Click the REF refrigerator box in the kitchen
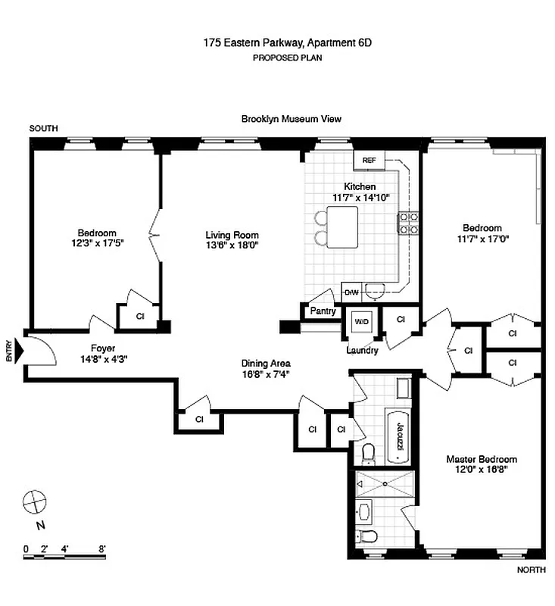[x=369, y=161]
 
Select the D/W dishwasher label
[x=351, y=292]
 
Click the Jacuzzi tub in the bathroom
[x=398, y=436]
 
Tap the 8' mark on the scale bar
[x=101, y=548]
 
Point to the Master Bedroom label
[x=481, y=459]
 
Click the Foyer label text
[x=103, y=348]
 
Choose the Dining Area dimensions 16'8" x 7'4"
[x=266, y=373]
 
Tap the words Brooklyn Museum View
[x=292, y=119]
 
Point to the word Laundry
[x=362, y=351]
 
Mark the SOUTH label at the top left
[x=43, y=129]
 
